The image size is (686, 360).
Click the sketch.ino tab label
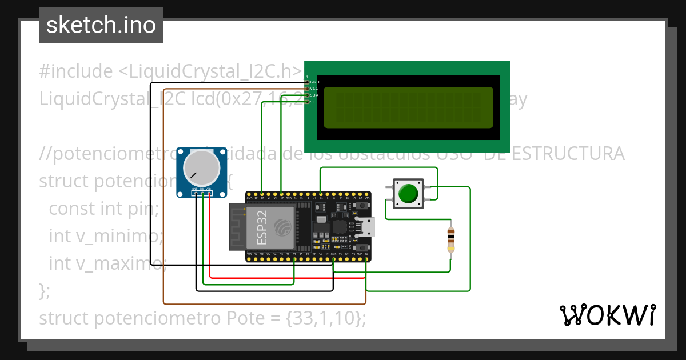[101, 25]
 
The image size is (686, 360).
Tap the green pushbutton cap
[408, 193]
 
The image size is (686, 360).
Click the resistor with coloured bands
[452, 239]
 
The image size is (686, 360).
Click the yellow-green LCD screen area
[408, 107]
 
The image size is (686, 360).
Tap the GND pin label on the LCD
[314, 82]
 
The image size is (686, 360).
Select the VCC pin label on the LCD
[314, 89]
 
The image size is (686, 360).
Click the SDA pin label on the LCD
[314, 95]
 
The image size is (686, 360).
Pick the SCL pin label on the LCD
[314, 102]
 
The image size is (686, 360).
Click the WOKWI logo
[607, 315]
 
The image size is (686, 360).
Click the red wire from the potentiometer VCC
[286, 278]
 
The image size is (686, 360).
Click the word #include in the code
[76, 71]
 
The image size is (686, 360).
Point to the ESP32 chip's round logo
[281, 226]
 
